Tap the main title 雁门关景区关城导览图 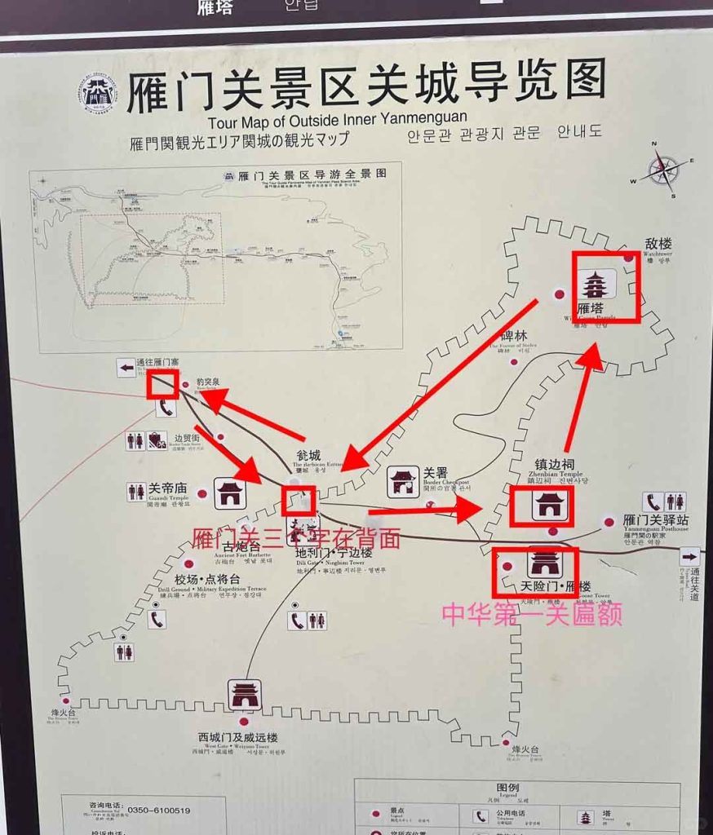(366, 82)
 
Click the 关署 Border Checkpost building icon (402, 481)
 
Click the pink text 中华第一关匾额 (532, 613)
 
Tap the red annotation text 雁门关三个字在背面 (296, 538)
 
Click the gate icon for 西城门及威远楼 (245, 694)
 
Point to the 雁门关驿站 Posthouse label (655, 520)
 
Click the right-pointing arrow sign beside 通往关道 (689, 557)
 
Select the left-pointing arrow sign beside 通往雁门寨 (126, 368)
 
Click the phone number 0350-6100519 (159, 810)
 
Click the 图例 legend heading (507, 789)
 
